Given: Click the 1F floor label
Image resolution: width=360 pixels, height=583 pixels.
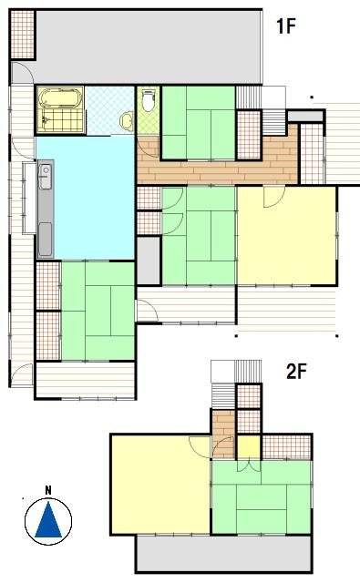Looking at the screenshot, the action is tap(285, 26).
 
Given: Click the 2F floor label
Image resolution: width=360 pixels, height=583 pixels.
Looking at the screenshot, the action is tap(296, 371).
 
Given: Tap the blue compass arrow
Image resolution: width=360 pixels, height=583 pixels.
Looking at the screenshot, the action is tap(48, 519).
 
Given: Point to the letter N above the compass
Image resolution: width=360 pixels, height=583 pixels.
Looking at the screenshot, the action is tap(48, 490).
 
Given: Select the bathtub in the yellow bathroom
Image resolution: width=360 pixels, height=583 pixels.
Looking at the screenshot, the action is tap(60, 98).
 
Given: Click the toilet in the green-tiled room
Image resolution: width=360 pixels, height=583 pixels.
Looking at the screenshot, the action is tap(149, 99).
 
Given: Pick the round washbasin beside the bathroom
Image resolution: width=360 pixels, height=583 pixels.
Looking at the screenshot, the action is tap(127, 120).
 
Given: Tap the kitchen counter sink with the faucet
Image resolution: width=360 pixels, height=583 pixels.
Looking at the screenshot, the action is tap(46, 177).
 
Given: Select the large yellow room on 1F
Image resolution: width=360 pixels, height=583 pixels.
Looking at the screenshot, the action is tap(287, 235).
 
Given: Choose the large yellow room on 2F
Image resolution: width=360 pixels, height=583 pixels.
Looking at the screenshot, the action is tap(160, 485).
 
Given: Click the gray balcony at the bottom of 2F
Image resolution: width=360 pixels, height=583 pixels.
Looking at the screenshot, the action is tap(223, 554).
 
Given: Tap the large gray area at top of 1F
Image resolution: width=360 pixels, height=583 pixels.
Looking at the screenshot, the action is tap(149, 47).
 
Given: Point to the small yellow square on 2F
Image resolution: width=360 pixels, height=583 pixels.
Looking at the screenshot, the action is tap(249, 447).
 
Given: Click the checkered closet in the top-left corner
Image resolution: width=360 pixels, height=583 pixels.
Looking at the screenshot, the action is tap(22, 35).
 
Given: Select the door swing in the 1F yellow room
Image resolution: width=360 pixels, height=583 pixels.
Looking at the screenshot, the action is tap(274, 197).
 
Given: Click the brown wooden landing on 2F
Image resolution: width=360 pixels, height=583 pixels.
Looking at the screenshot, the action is tap(223, 434).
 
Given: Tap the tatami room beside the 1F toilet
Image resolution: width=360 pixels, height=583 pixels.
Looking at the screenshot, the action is tap(199, 122).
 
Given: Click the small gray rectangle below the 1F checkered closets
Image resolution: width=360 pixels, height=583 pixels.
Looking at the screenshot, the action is tap(149, 261).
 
